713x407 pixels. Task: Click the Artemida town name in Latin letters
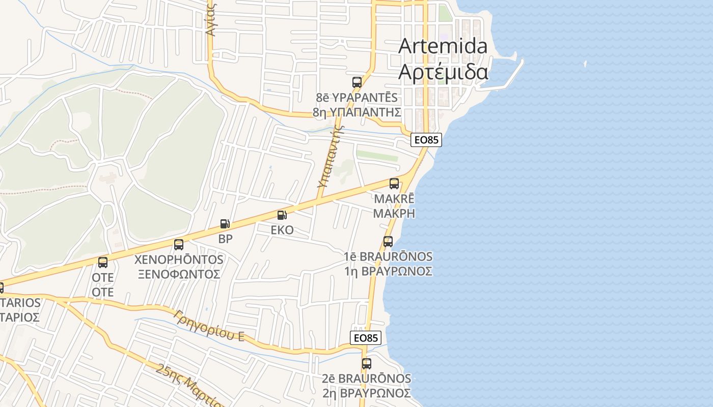tap(443, 46)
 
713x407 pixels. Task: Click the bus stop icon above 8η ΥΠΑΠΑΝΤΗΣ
tap(357, 82)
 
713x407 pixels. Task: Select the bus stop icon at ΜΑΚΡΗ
tap(394, 184)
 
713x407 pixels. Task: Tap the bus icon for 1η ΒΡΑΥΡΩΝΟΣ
tap(388, 242)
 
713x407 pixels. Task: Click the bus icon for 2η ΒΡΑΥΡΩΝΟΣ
tap(367, 364)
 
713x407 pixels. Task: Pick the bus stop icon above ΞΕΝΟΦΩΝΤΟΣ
tap(179, 245)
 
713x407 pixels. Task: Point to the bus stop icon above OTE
tap(103, 263)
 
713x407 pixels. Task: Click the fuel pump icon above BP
tap(225, 223)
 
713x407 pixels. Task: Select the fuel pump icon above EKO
tap(282, 215)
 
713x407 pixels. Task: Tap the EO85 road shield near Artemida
tap(426, 140)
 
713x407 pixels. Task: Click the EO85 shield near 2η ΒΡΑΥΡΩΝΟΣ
tap(366, 338)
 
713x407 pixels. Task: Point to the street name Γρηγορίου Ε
tap(209, 326)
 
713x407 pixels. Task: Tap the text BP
tap(225, 239)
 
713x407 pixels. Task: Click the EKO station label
tap(282, 230)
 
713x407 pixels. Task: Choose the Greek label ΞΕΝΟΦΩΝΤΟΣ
tap(178, 274)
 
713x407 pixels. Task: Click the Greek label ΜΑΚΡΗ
tap(394, 213)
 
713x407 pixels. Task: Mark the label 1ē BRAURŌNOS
tap(389, 256)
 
